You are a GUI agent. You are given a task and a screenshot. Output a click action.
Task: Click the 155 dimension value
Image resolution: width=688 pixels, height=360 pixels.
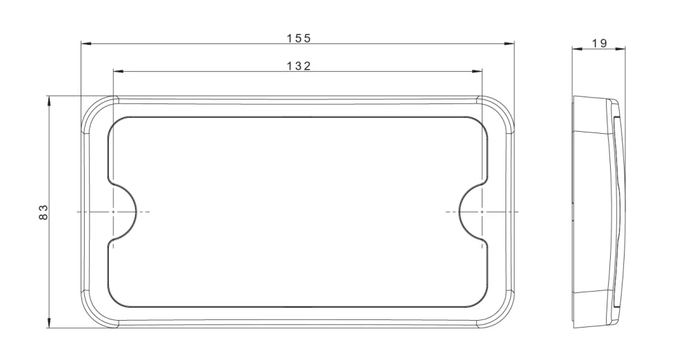point(299,38)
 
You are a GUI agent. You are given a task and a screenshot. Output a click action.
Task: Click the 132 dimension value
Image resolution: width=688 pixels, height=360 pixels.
point(299,66)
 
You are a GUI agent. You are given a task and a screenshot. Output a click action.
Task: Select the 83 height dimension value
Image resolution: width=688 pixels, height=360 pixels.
point(43,212)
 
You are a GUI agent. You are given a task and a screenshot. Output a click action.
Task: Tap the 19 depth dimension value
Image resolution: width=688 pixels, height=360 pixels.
point(599,43)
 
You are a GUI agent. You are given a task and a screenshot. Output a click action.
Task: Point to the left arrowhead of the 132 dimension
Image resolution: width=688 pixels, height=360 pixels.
point(119,70)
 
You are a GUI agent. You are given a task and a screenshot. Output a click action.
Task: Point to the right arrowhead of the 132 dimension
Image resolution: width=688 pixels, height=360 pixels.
point(477,70)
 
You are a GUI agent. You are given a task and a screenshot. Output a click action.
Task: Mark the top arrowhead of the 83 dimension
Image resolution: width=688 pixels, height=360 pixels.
point(48,101)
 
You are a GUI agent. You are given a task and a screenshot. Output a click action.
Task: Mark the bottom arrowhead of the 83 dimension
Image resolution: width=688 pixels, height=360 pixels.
point(48,323)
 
